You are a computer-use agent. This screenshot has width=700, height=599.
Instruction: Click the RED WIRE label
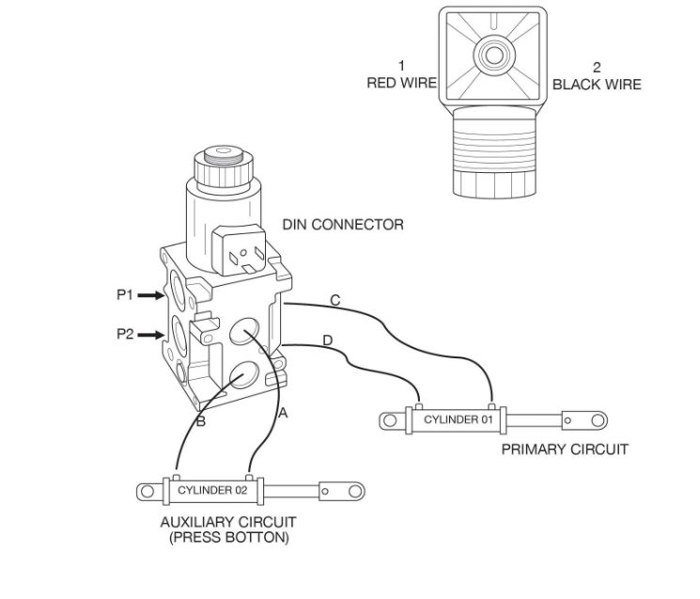401,84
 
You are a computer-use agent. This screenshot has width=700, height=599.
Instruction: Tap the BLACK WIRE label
597,84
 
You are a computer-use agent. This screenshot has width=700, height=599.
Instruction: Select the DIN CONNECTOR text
343,225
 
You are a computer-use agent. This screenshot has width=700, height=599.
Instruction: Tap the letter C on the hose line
335,300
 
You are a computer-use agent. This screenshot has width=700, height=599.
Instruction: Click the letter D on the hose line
328,340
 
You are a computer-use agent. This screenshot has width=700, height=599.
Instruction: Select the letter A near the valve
284,412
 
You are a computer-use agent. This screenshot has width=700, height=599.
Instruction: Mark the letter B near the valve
200,421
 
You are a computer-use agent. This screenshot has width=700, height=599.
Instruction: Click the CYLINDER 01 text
458,419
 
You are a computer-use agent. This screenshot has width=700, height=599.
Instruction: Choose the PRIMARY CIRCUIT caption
564,449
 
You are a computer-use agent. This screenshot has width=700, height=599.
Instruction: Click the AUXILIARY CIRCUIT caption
228,522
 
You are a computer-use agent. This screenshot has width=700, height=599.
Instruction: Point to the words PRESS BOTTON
228,538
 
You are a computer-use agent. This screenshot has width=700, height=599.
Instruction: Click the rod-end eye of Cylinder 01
597,419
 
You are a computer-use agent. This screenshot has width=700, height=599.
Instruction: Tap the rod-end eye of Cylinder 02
352,490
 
